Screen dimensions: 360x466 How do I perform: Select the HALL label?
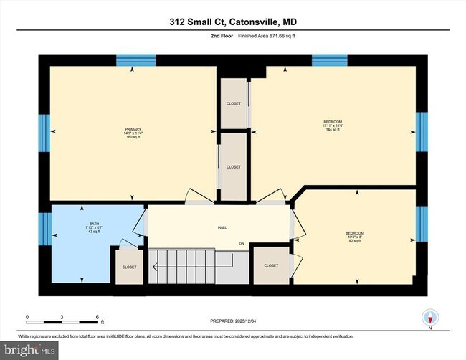coord(222,227)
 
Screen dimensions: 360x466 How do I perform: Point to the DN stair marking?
coord(242,245)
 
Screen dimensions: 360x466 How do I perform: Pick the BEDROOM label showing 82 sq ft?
coord(355,233)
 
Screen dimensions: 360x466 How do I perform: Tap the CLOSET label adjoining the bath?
coord(129,267)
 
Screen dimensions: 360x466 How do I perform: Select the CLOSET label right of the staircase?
coord(271,265)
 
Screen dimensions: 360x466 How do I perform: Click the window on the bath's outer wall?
coord(43,229)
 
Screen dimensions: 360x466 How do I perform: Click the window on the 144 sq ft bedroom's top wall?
coord(329,60)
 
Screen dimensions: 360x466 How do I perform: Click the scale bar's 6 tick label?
coord(98,316)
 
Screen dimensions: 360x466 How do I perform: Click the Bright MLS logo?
coord(31,350)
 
